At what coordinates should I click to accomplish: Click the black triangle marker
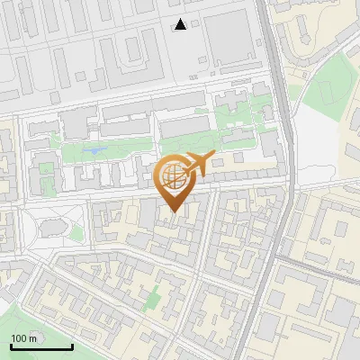pos(181,24)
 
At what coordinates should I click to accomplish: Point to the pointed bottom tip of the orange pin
pos(172,211)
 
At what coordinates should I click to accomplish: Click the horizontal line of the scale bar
pos(41,346)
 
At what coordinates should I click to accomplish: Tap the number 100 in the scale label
pos(19,338)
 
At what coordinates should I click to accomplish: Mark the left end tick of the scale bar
pos(11,345)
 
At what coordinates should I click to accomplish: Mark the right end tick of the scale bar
pos(72,345)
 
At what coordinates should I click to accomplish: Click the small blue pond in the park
pos(93,150)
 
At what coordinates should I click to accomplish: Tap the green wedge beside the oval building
pos(76,232)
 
